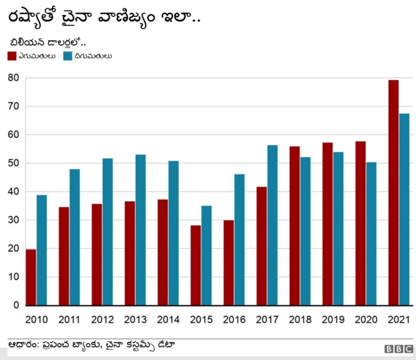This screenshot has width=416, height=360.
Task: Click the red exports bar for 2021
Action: point(393,192)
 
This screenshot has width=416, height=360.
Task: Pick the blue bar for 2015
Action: point(206,255)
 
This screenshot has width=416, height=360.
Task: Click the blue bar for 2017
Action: point(272,225)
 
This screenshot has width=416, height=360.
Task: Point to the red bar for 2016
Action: point(228,263)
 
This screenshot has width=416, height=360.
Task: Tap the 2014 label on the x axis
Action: point(168,320)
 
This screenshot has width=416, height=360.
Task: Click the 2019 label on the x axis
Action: point(333,320)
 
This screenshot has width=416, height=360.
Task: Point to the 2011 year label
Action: point(70,320)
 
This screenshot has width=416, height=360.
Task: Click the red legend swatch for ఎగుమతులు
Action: point(12,56)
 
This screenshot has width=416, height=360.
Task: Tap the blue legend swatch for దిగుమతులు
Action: point(67,56)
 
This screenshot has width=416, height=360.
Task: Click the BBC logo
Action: point(397,349)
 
